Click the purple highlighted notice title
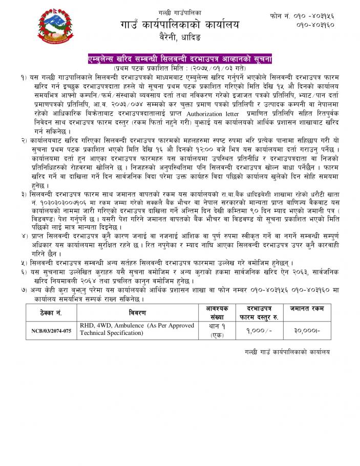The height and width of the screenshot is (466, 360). click(x=180, y=59)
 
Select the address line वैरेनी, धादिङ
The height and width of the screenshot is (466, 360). click(x=180, y=37)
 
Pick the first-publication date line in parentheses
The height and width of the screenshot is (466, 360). click(x=180, y=68)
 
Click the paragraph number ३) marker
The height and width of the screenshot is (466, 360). click(x=23, y=195)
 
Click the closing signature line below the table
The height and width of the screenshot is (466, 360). click(x=287, y=352)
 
